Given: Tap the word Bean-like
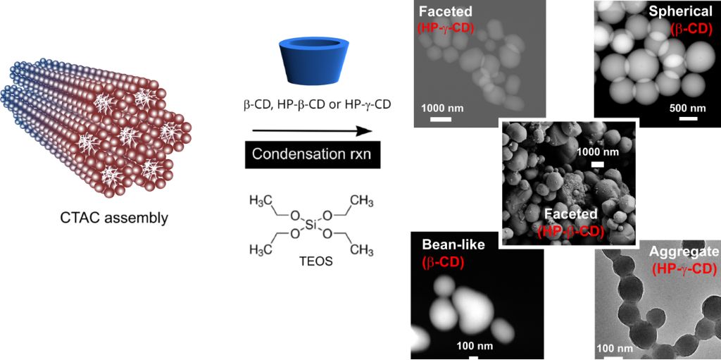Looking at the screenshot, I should click(x=453, y=245).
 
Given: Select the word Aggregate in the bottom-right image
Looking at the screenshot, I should click(x=684, y=252).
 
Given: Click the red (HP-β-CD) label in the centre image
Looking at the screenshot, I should click(x=570, y=231).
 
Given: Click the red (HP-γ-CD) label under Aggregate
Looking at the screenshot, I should click(x=684, y=268).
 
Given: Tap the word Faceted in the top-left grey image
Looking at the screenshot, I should click(x=444, y=12).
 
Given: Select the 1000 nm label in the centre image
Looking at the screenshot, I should click(x=598, y=152).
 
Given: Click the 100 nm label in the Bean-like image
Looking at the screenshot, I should click(x=472, y=346).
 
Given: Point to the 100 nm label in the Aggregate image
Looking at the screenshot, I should click(x=614, y=348).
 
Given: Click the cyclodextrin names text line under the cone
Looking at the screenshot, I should click(x=312, y=105).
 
